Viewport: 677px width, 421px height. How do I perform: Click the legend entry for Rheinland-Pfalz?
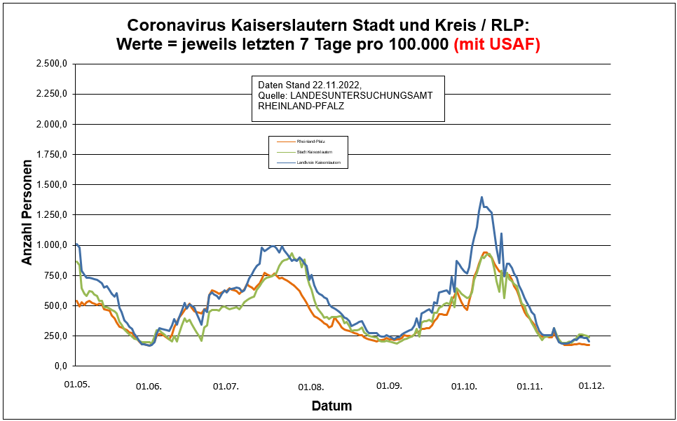(310, 142)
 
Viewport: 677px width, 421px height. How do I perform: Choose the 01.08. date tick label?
(310, 386)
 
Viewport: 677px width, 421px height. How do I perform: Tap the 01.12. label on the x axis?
(591, 385)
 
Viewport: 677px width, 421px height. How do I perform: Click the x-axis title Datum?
(331, 406)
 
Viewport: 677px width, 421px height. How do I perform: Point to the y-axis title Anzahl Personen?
(27, 214)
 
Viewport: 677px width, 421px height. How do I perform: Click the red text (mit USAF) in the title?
(497, 44)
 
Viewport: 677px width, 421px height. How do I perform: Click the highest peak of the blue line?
(481, 197)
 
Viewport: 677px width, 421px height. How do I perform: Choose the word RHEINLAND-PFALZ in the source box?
(301, 106)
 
